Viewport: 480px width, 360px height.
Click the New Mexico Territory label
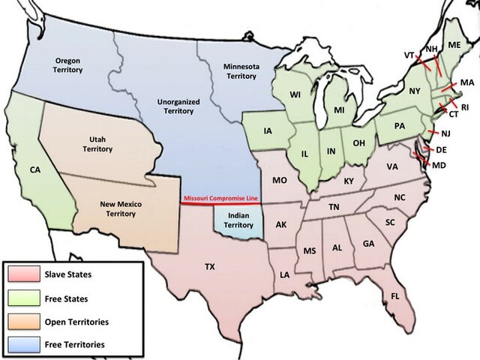point(121,208)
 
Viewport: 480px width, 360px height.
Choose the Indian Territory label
point(238,219)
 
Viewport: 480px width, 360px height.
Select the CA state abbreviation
point(34,170)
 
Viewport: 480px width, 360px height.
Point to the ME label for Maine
point(454,46)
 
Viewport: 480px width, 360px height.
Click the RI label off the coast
point(464,107)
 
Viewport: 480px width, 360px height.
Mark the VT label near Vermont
point(409,55)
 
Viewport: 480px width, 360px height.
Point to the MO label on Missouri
point(279,180)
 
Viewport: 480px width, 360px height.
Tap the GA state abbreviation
point(368,244)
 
